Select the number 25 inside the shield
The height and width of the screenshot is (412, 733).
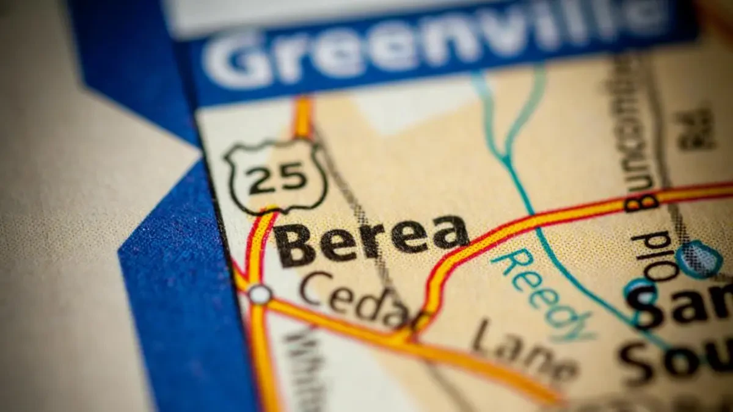pyautogui.click(x=278, y=178)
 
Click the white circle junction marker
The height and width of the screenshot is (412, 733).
pyautogui.click(x=260, y=294)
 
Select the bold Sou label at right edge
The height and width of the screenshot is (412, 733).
pyautogui.click(x=672, y=357)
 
